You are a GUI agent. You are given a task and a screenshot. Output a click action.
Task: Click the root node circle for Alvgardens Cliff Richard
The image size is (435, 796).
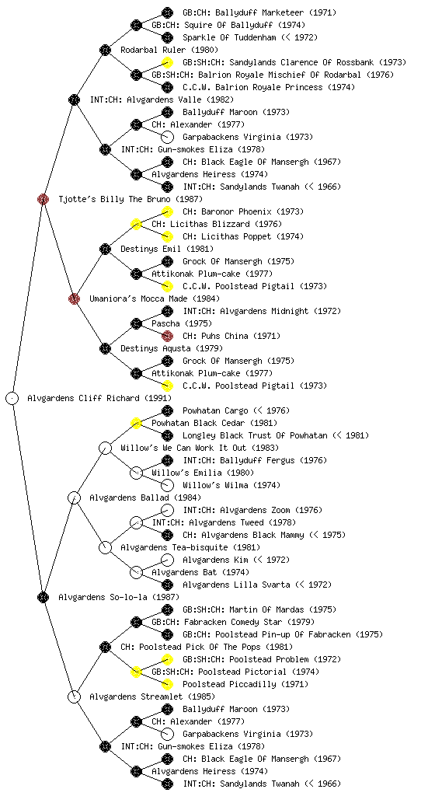pos(12,398)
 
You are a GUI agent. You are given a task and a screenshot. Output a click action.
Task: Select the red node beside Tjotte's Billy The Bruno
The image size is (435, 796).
pos(43,199)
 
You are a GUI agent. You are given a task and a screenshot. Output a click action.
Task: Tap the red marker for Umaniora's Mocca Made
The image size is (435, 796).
pos(74,298)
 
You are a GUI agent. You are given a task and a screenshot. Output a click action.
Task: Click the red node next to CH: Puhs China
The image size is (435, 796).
pos(167,336)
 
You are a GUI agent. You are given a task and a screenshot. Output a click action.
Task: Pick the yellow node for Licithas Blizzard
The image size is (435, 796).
pos(136,224)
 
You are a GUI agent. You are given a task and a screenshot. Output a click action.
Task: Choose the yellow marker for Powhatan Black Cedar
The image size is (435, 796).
pos(136,423)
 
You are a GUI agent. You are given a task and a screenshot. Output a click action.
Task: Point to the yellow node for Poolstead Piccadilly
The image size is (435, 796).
pos(167,684)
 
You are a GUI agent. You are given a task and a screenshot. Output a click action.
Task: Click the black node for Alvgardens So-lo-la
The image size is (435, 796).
pos(43,597)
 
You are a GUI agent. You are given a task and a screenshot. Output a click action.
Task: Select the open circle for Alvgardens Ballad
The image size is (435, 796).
pos(74,497)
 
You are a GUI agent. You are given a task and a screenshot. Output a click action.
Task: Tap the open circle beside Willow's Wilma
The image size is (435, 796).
pos(167,485)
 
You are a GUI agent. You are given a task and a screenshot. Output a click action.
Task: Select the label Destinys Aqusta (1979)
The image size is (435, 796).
pos(172,348)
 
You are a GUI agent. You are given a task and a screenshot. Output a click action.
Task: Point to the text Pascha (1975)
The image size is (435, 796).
pos(182,323)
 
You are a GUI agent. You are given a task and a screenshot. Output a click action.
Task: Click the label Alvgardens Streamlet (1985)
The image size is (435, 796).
pos(152,696)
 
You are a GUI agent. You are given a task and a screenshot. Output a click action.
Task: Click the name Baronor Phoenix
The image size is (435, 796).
pos(235,211)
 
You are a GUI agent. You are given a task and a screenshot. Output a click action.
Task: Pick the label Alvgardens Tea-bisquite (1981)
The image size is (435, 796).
pos(190,547)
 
